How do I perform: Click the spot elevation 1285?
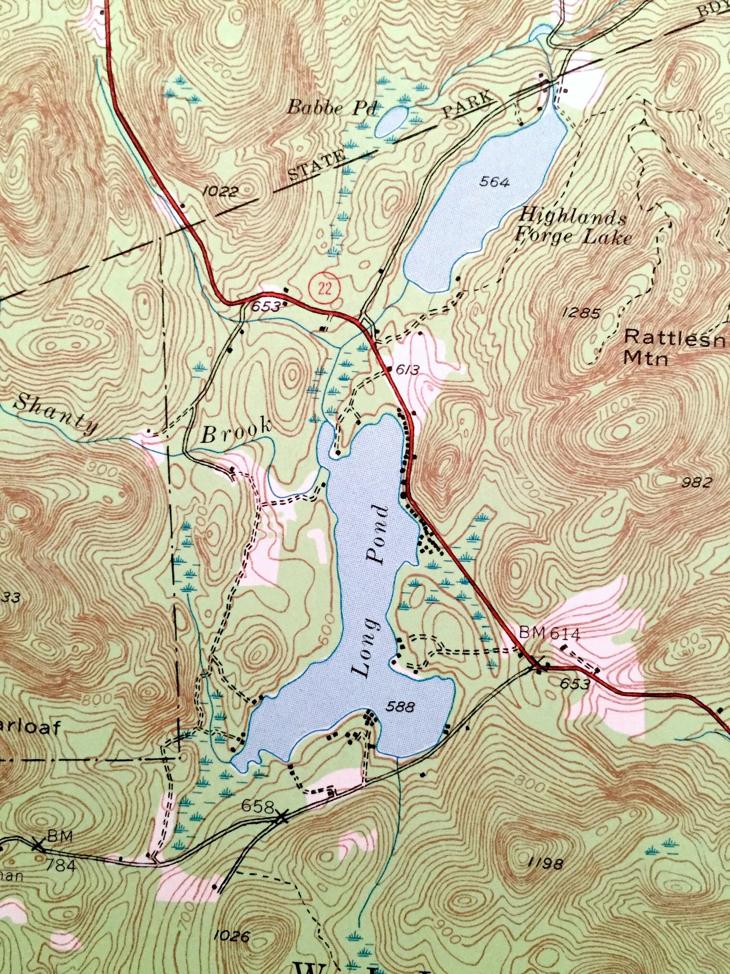581,313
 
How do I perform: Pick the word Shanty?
56,413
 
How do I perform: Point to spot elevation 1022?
221,191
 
